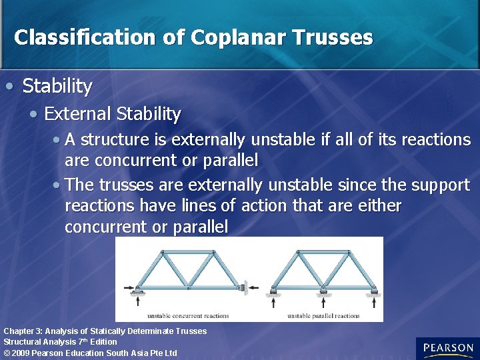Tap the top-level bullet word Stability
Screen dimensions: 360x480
tap(57, 86)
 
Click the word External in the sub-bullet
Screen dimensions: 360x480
tap(78, 114)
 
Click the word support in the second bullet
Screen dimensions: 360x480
tap(441, 184)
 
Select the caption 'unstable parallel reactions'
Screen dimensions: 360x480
tap(323, 316)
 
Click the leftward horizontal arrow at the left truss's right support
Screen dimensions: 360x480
tap(253, 289)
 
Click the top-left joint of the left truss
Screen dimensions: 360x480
tap(162, 252)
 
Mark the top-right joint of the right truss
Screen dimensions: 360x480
tap(349, 252)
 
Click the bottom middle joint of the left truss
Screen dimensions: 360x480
tap(188, 288)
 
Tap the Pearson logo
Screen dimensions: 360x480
tap(447, 348)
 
